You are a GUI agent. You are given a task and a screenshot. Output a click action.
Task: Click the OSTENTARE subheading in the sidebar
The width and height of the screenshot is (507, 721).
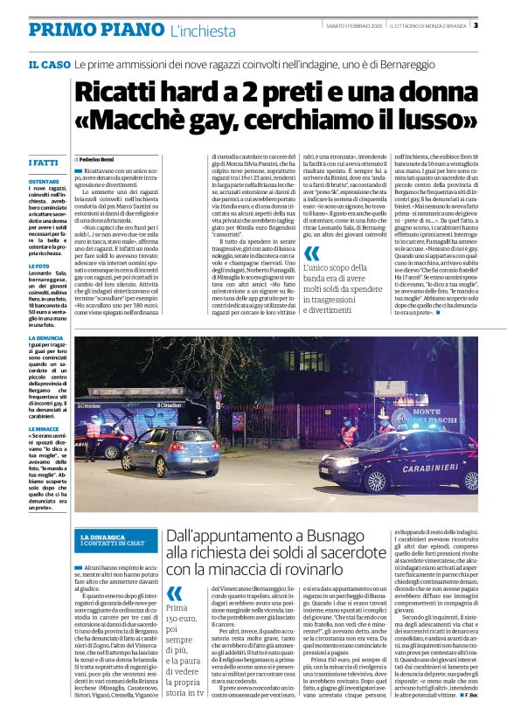[43, 181]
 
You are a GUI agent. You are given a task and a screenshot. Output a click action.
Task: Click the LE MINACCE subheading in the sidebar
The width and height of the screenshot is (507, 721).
[44, 430]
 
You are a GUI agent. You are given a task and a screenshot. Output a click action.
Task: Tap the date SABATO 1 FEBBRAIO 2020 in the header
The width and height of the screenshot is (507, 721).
[350, 25]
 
